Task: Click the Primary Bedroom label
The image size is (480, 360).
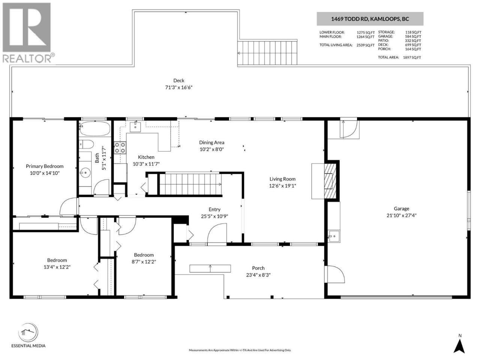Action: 45,166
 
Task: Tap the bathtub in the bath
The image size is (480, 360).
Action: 95,128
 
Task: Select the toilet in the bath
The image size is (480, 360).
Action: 86,144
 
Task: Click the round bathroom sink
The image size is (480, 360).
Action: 85,173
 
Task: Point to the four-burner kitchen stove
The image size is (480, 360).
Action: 120,147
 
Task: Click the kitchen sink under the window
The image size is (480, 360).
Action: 135,127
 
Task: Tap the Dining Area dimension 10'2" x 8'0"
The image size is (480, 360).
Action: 211,150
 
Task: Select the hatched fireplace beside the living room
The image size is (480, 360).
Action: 330,181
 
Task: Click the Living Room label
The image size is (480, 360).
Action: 282,179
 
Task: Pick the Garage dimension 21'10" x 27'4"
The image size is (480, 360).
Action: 402,216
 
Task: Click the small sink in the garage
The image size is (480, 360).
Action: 334,236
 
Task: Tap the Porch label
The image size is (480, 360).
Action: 258,268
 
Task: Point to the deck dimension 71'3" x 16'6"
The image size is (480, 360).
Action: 178,87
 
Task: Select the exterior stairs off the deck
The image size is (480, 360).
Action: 267,53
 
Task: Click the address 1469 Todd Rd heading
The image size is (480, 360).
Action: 370,19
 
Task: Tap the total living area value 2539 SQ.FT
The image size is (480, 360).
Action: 365,45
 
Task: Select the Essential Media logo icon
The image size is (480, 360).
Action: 28,333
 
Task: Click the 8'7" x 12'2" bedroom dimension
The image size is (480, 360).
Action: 144,262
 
